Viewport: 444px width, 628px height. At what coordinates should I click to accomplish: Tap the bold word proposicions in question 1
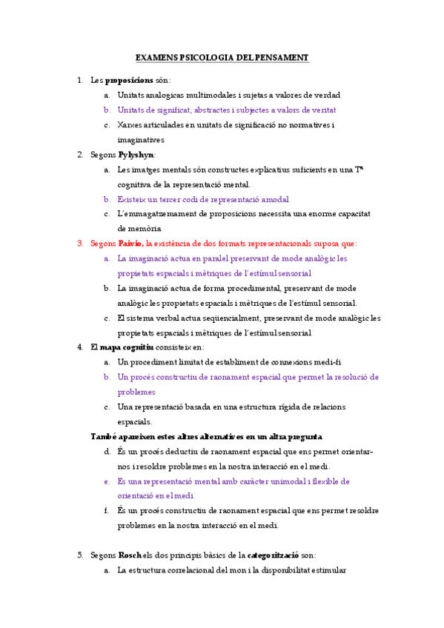click(x=129, y=80)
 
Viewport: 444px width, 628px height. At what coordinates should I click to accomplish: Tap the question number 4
click(x=81, y=347)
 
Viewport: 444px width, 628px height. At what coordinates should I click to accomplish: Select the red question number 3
click(x=81, y=243)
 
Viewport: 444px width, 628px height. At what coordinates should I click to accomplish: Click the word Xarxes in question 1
click(x=130, y=124)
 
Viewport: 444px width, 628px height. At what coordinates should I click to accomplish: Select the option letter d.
click(x=107, y=451)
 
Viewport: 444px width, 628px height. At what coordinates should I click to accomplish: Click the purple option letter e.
click(x=107, y=481)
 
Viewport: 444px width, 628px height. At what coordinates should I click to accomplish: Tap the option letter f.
click(x=107, y=510)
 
